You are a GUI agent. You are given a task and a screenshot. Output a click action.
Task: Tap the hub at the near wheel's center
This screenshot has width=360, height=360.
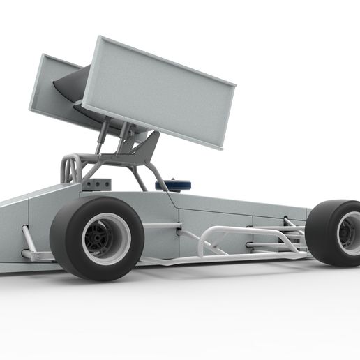click(x=103, y=239)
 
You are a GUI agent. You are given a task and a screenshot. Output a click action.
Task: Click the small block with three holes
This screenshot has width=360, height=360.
click(x=98, y=183)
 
